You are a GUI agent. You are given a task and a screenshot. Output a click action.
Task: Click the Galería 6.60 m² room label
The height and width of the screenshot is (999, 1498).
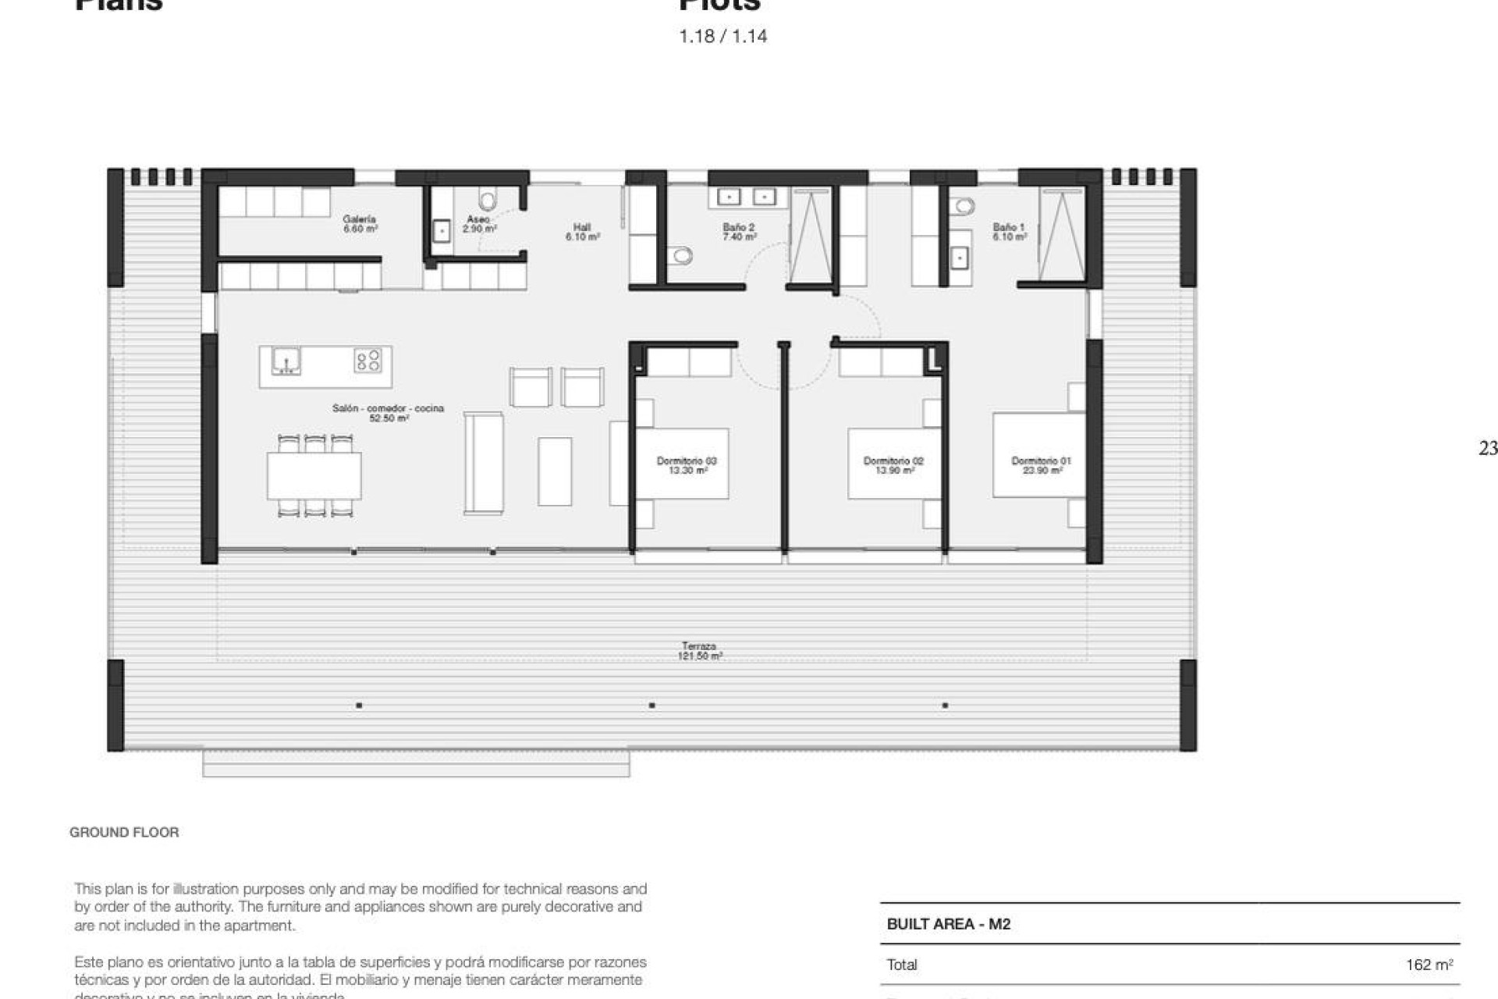360,224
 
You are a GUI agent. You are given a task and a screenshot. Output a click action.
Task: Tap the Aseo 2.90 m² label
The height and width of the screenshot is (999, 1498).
479,224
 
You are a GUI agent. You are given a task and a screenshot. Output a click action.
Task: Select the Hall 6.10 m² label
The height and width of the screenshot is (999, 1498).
582,232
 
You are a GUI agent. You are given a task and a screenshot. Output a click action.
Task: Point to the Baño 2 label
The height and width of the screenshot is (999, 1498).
738,232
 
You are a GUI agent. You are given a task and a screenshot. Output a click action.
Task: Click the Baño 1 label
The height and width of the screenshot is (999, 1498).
1009,232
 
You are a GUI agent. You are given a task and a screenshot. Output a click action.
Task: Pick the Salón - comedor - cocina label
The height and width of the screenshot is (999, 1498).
388,413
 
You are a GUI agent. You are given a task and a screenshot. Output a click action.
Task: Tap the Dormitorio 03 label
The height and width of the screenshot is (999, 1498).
687,465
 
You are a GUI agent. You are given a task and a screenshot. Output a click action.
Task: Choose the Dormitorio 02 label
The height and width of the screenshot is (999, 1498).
893,465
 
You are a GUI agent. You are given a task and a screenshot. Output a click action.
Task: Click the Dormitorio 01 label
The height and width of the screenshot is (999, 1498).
1041,465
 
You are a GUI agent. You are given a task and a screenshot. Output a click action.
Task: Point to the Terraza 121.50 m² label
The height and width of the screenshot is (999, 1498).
699,651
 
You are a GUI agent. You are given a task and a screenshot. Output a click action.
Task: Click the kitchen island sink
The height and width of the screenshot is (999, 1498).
286,361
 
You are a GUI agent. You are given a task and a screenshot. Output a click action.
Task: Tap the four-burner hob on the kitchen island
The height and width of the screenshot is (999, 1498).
367,360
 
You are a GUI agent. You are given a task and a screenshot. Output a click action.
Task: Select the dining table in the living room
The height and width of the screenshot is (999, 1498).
314,475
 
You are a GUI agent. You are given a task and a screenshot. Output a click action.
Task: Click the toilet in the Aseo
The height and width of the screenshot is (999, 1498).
488,201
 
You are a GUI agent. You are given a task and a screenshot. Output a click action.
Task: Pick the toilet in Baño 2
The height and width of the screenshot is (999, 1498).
682,255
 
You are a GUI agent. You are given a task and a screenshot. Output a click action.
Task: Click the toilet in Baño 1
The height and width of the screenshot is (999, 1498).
964,207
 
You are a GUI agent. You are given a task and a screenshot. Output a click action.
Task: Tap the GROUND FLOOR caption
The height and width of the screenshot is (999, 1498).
124,832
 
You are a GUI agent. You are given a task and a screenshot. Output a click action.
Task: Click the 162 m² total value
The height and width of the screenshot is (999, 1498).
1429,965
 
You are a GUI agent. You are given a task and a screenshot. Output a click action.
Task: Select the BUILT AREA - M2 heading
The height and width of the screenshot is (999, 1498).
948,924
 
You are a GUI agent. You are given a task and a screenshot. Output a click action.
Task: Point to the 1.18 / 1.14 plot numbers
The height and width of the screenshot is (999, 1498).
722,36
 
